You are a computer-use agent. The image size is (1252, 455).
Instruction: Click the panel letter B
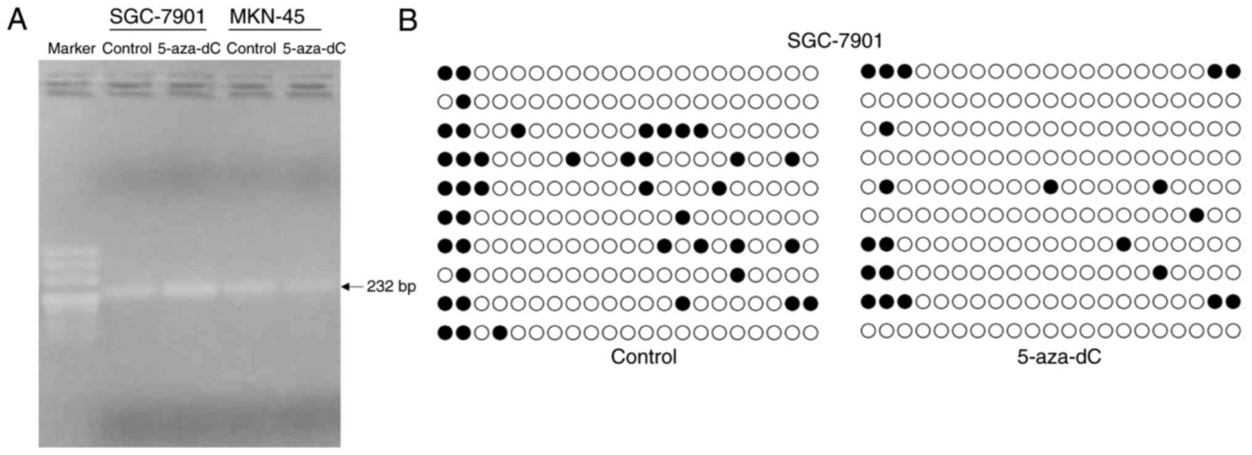(408, 20)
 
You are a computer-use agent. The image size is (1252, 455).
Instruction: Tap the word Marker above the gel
(71, 49)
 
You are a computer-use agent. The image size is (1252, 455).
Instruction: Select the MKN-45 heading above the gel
(267, 17)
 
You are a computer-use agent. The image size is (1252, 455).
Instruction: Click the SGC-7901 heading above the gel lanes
(157, 17)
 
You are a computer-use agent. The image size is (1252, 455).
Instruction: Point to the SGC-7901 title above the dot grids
(835, 41)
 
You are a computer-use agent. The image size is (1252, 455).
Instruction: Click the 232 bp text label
(391, 286)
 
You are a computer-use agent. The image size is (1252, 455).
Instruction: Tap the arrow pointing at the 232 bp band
(352, 286)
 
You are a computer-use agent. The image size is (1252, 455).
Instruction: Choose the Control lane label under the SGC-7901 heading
(126, 49)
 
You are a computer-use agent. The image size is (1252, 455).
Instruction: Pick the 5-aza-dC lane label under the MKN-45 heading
(314, 49)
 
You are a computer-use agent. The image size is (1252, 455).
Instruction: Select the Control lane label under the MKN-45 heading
(251, 49)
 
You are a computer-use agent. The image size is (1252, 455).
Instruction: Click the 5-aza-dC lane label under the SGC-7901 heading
(189, 49)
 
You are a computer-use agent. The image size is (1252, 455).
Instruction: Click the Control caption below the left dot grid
(643, 356)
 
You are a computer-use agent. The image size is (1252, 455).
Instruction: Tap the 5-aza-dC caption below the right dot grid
(1059, 356)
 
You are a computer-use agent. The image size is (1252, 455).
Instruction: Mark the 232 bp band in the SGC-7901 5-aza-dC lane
(190, 288)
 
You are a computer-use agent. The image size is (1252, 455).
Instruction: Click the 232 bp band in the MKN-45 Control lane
(250, 288)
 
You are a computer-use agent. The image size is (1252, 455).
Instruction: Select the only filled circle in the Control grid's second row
(463, 102)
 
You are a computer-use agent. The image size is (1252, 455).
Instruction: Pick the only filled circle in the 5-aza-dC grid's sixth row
(1197, 215)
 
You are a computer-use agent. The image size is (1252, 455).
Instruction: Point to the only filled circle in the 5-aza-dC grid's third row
(886, 129)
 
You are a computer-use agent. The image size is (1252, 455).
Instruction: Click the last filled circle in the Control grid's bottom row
(500, 333)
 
